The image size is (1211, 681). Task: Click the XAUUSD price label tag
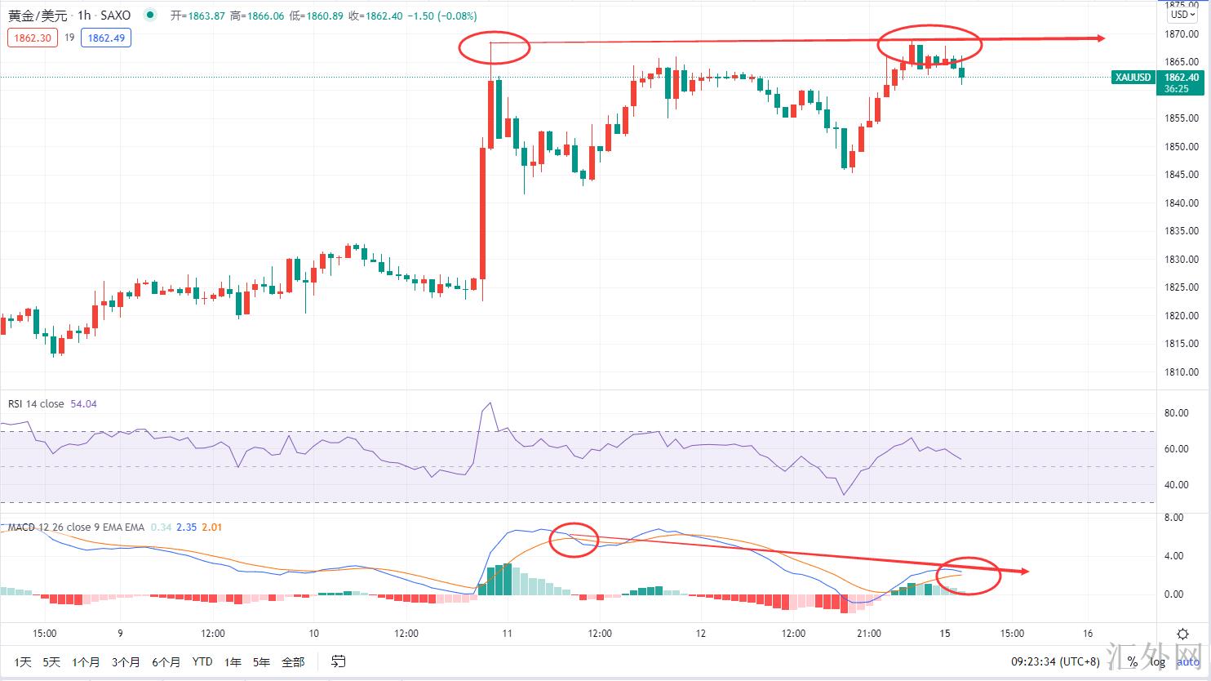point(1133,78)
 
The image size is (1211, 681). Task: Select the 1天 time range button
point(23,661)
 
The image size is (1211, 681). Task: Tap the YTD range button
point(202,661)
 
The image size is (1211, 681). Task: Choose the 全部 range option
point(292,661)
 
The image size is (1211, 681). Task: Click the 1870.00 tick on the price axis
point(1182,34)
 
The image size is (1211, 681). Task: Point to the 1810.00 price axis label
point(1182,372)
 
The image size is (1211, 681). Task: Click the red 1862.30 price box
point(33,38)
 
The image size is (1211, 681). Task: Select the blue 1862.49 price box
point(106,38)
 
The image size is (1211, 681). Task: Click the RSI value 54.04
point(84,404)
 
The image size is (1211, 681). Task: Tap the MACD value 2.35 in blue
point(187,527)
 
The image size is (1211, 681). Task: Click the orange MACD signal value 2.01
point(211,527)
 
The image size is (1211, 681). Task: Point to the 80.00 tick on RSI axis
point(1175,413)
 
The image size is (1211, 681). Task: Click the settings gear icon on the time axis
point(1182,634)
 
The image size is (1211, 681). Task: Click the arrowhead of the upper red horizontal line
point(1101,38)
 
